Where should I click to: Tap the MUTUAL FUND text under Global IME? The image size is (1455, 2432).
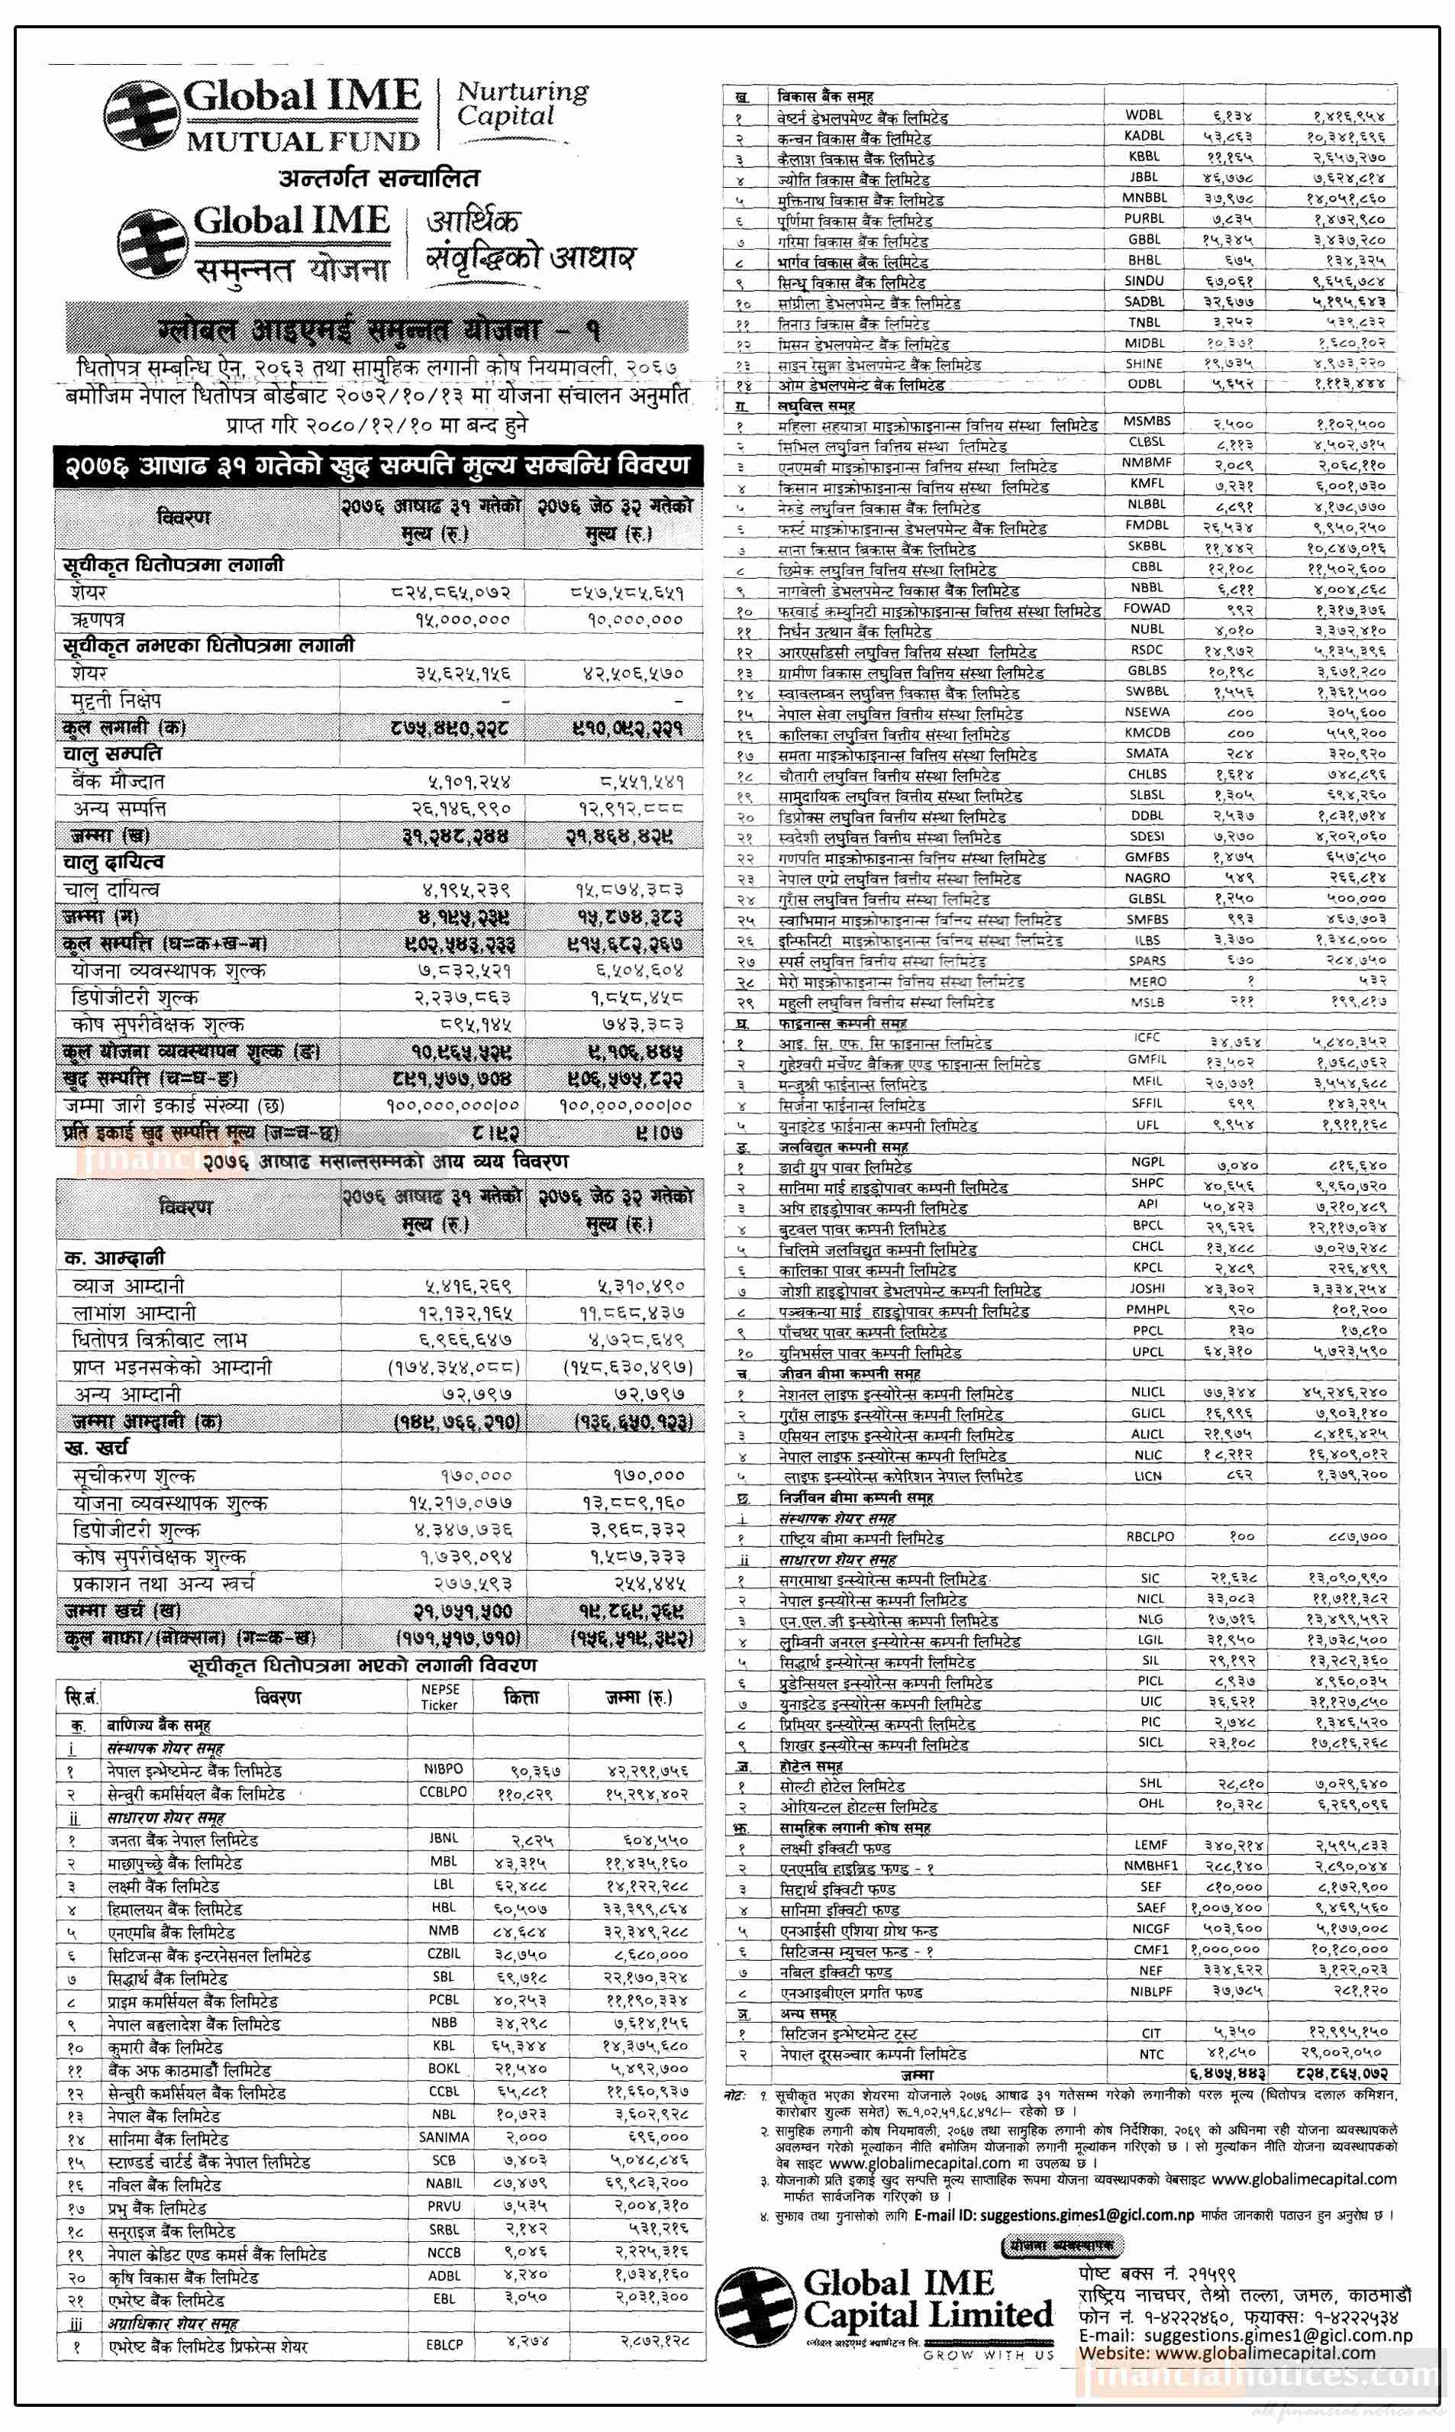tap(303, 142)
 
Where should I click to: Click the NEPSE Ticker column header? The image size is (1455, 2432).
tap(439, 1697)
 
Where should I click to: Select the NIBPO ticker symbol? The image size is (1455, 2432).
tap(444, 1769)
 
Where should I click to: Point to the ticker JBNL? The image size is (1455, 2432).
tap(444, 1838)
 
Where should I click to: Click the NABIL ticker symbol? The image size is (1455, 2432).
tap(444, 2183)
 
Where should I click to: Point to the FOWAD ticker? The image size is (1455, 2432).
tap(1146, 608)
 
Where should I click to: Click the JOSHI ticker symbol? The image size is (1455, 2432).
tap(1146, 1289)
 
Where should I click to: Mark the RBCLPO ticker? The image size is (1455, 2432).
tap(1149, 1536)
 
